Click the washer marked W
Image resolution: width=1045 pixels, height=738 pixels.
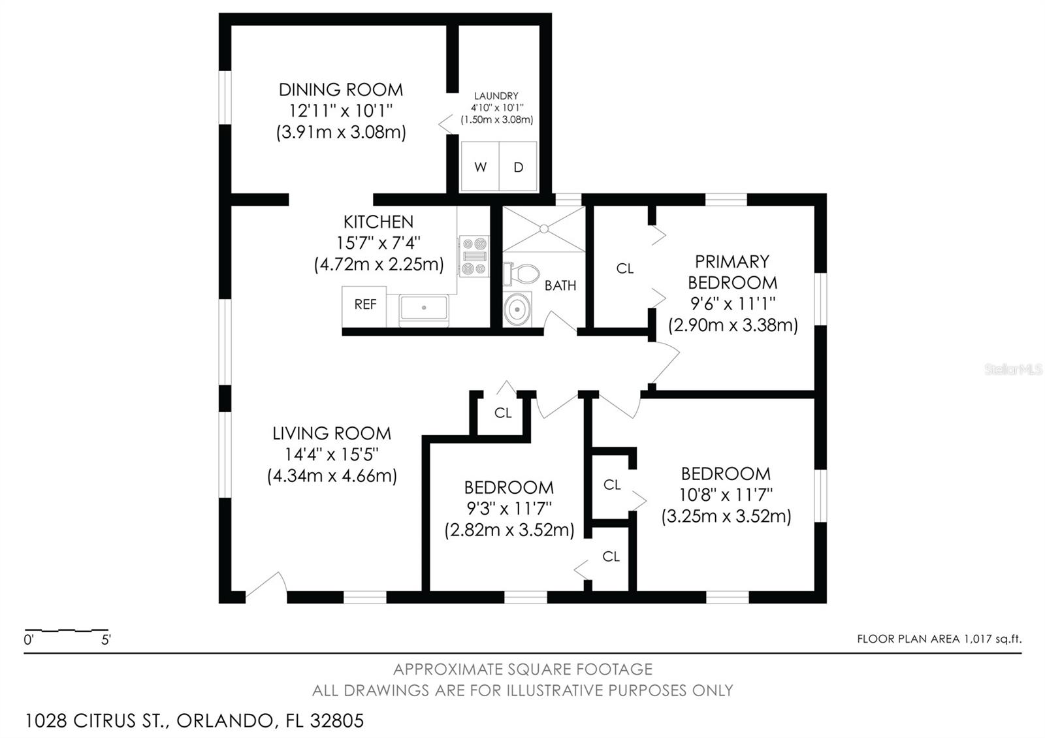pos(480,167)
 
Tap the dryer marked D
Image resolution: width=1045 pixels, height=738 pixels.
pos(518,167)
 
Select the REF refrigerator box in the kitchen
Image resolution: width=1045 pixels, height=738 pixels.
pos(365,304)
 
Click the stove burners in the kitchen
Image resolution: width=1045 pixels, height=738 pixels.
pos(474,256)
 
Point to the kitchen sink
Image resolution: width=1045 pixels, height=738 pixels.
pos(424,306)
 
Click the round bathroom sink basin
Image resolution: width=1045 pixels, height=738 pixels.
pos(518,308)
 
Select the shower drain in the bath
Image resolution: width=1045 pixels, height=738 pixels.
pos(543,229)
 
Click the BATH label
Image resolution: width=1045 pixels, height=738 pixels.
pos(560,285)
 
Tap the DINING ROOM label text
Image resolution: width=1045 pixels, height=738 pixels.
pos(340,89)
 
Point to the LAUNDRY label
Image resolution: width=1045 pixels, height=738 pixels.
pos(496,96)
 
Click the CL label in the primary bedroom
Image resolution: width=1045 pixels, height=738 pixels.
pos(625,268)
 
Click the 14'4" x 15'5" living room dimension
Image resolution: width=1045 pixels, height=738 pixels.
pos(332,454)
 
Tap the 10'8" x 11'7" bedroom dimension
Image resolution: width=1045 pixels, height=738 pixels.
pos(726,494)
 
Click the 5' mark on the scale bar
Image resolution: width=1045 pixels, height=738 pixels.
pos(106,640)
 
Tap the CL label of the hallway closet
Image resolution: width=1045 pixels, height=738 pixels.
pos(503,413)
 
